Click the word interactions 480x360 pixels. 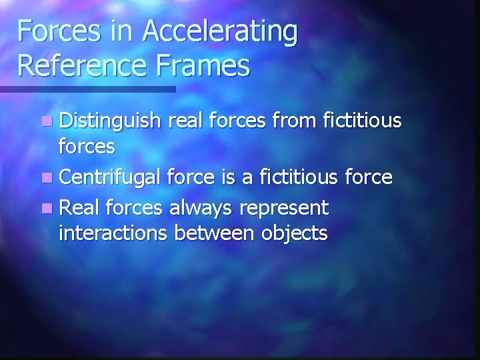(x=113, y=233)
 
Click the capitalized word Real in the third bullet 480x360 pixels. (x=76, y=207)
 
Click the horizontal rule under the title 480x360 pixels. (x=87, y=88)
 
